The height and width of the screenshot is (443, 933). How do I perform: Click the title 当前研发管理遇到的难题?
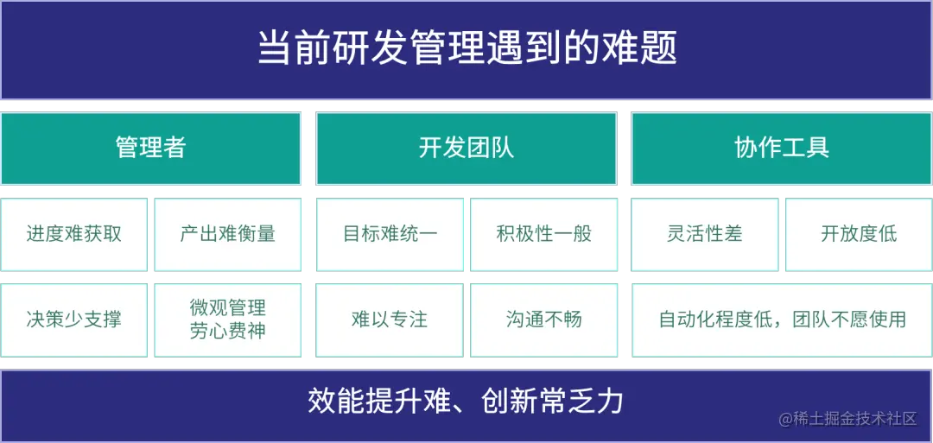point(466,48)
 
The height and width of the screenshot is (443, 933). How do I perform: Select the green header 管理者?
point(150,148)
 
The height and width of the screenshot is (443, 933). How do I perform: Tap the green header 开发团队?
point(466,148)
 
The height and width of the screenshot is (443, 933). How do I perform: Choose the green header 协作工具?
point(782,148)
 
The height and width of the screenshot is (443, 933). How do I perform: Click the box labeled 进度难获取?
point(74,234)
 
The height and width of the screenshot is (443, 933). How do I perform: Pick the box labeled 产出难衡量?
point(228,234)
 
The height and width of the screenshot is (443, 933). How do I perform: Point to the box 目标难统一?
point(390,234)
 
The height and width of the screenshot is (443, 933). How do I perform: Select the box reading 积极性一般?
point(544,234)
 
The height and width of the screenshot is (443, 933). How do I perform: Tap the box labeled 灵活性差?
point(705,234)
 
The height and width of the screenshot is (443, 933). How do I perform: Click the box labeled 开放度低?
point(859,234)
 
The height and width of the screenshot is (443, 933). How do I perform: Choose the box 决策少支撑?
point(74,320)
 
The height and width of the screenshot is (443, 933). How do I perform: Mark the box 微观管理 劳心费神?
point(228,320)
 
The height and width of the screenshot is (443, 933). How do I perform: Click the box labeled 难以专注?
point(390,320)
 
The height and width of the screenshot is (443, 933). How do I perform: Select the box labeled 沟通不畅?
point(544,320)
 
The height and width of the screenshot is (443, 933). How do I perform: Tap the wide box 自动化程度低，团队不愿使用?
point(782,320)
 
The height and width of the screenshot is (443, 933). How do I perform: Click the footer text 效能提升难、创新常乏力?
point(466,402)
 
